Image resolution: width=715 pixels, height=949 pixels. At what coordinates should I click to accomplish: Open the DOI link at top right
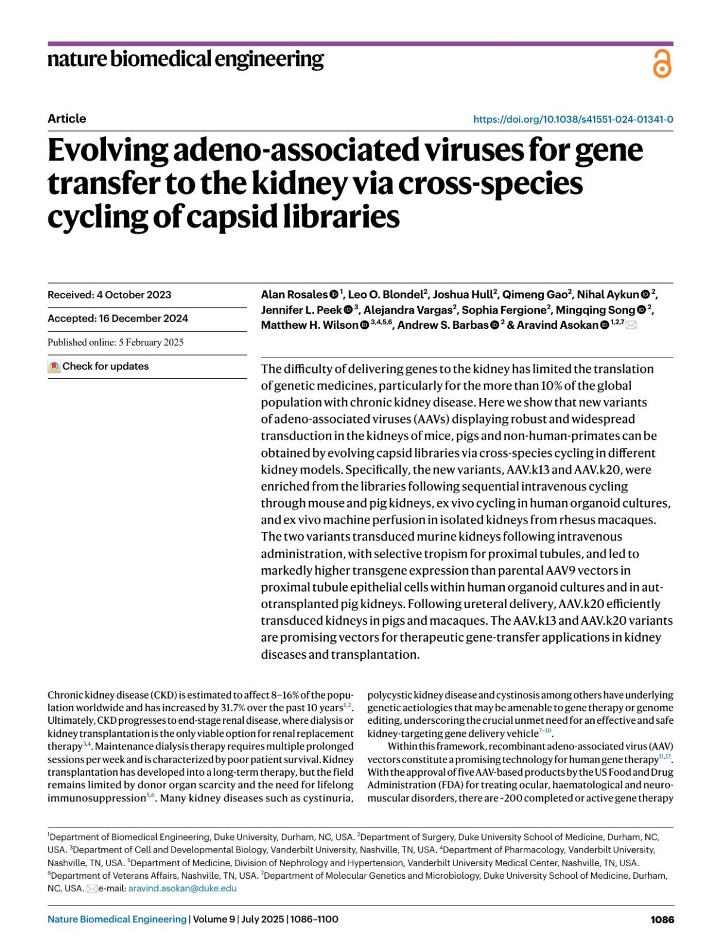(573, 119)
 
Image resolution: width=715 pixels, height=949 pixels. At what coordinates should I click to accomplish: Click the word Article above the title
(67, 119)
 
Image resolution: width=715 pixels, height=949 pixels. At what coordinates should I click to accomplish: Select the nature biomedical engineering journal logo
(185, 60)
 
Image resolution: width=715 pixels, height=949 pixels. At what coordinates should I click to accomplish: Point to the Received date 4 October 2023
(109, 295)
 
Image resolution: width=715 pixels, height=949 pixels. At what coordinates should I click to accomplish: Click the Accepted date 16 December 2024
(117, 319)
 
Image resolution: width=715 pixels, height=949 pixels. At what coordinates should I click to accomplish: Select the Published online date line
(116, 343)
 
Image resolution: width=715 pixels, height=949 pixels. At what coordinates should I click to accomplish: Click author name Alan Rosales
(294, 294)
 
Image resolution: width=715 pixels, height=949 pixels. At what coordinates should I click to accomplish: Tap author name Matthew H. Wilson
(310, 325)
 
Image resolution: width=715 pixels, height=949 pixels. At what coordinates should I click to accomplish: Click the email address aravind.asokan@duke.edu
(182, 888)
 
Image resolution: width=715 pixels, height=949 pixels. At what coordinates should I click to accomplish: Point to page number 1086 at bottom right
(662, 919)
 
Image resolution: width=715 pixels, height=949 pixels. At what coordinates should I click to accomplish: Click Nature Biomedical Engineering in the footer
(117, 919)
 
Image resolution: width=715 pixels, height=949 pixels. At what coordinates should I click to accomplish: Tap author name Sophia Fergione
(503, 310)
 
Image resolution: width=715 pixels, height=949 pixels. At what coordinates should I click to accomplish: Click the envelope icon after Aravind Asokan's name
(630, 325)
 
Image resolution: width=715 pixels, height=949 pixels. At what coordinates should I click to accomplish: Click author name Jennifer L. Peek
(301, 310)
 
